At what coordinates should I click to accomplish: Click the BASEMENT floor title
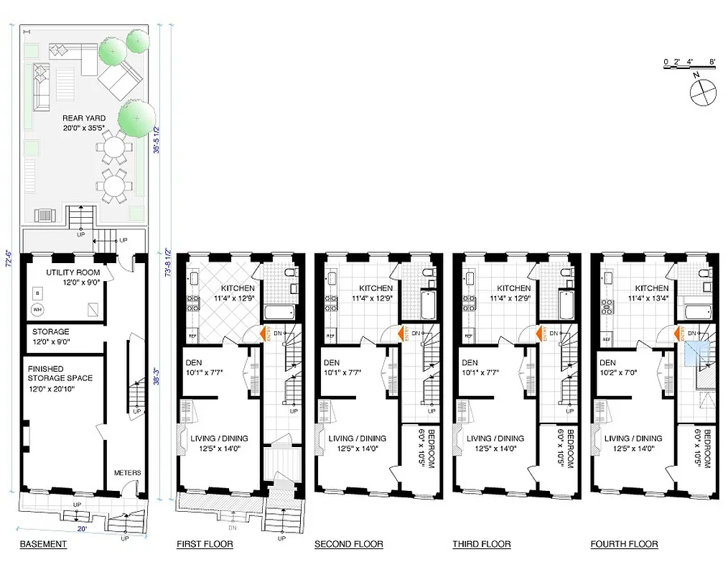[42, 544]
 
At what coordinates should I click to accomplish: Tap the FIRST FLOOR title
[205, 544]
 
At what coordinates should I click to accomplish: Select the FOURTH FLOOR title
[624, 544]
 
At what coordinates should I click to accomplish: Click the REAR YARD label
[83, 118]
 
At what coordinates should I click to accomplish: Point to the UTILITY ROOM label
[73, 273]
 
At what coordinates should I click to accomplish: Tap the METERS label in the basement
[127, 472]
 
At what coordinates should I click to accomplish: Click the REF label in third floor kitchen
[469, 336]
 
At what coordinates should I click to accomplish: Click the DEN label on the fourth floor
[609, 362]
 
